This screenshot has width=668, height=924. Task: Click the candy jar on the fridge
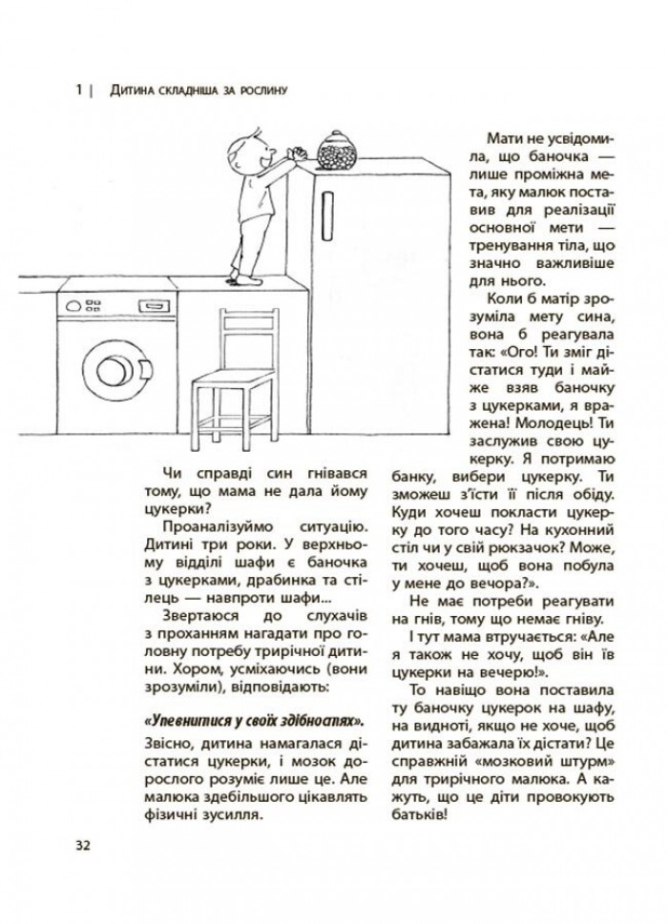(x=335, y=153)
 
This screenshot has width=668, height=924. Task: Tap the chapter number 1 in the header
(x=77, y=92)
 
